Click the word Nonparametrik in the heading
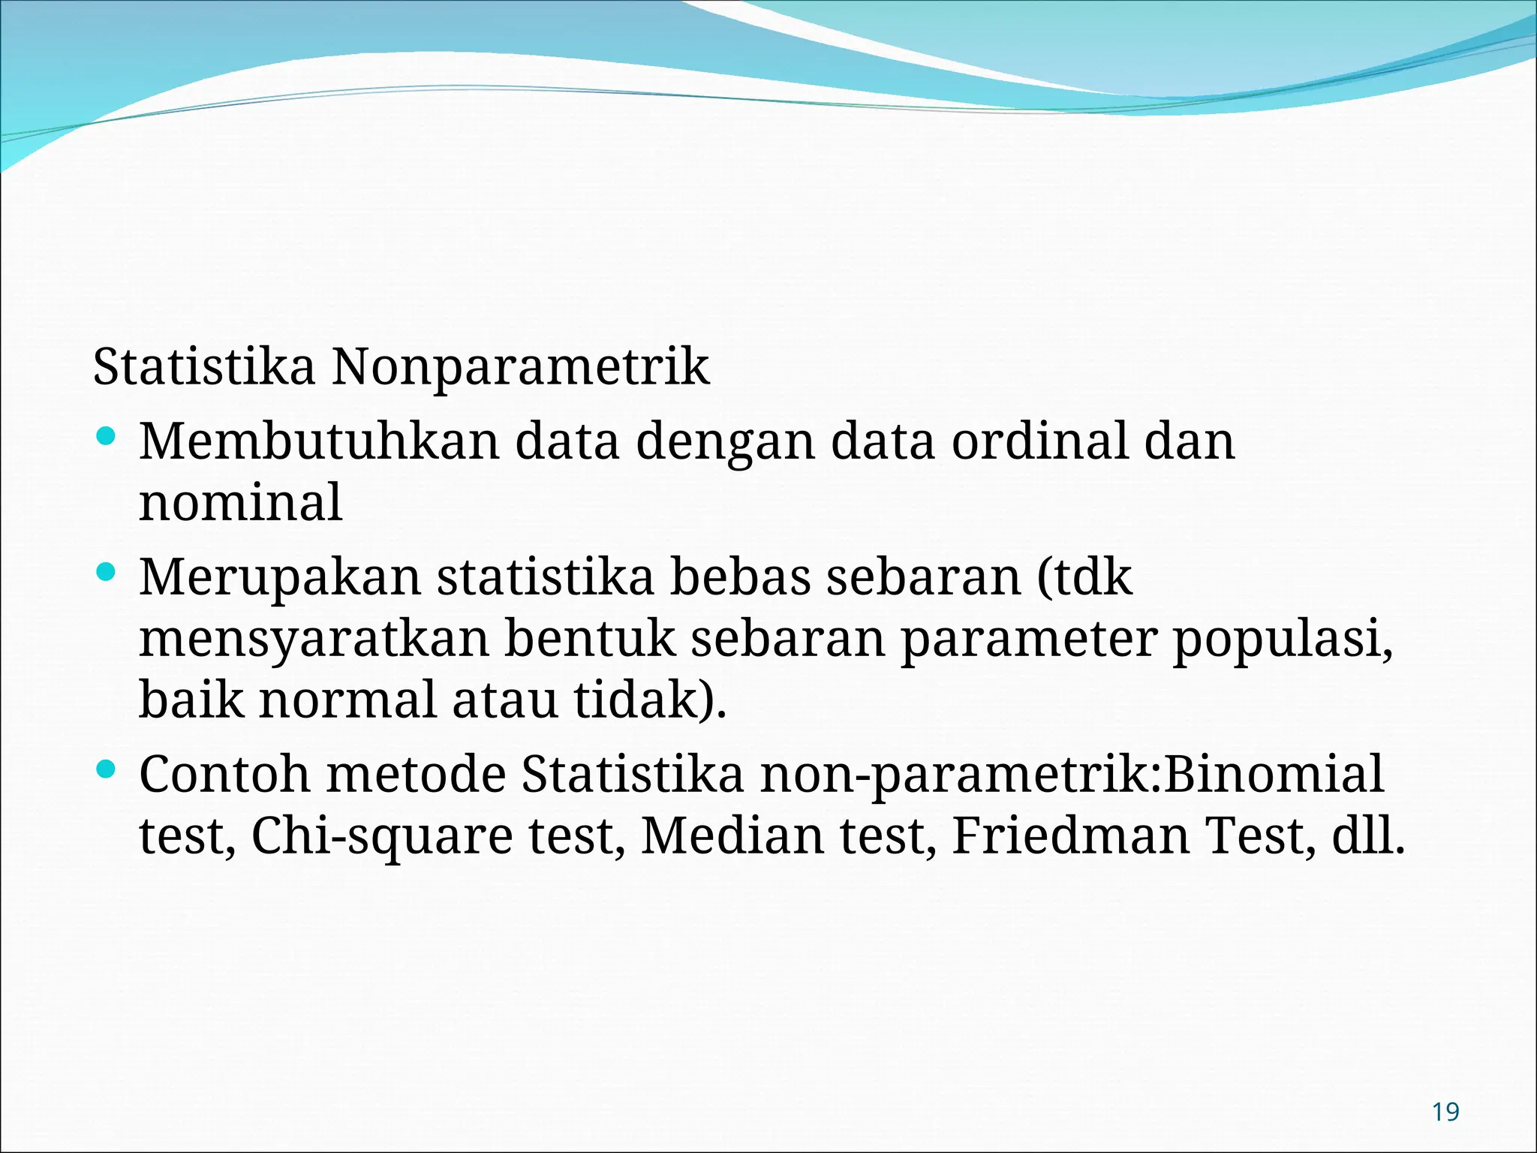coord(520,367)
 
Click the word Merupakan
coord(279,578)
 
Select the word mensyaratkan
coord(314,640)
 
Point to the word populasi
coord(1283,640)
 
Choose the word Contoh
coord(224,774)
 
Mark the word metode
coord(417,774)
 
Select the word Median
coord(732,835)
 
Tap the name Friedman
coord(1070,835)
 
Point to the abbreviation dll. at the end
coord(1367,835)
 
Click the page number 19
coord(1445,1112)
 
